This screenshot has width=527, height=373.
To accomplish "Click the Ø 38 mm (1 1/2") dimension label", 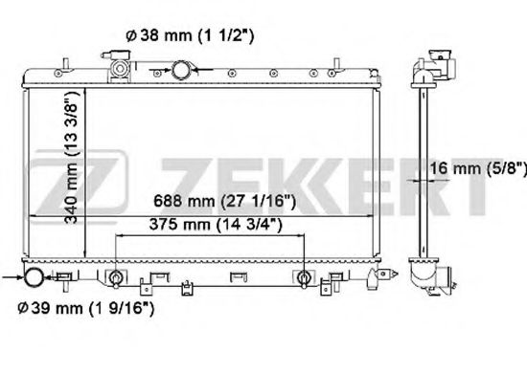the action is [x=190, y=34].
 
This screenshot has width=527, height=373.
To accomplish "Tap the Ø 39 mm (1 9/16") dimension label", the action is [x=86, y=308].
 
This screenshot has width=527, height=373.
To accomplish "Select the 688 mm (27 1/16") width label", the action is [x=225, y=201].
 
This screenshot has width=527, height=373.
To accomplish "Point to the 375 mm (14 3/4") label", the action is [x=216, y=224].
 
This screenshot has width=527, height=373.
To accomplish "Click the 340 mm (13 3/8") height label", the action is [x=72, y=157].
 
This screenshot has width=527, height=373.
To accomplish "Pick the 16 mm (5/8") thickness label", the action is [x=478, y=168].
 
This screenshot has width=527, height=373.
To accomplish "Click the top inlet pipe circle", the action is [x=181, y=70].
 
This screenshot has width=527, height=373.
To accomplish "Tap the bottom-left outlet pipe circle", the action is [x=34, y=277].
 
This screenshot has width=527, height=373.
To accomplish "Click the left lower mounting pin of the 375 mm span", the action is [x=116, y=278].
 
